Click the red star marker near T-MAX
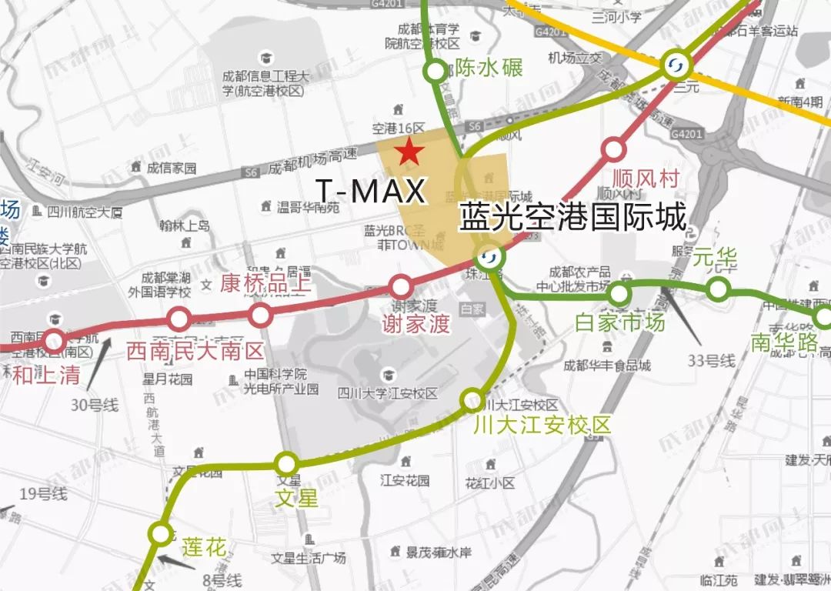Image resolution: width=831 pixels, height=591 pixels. (x=409, y=152)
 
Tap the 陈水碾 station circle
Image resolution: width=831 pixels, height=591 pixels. (x=436, y=72)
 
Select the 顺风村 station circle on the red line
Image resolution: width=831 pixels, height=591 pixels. (x=614, y=149)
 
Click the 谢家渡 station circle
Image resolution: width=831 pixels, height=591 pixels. (x=400, y=287)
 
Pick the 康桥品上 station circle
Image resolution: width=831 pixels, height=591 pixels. (x=261, y=314)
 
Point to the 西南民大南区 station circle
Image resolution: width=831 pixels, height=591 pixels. (x=179, y=318)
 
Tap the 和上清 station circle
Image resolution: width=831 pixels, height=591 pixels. (x=54, y=340)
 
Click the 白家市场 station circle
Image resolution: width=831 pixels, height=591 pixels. (x=619, y=293)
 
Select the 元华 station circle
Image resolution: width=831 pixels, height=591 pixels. (x=718, y=289)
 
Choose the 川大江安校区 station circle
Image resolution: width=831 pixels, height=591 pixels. (x=472, y=400)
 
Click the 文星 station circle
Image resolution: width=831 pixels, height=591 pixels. (x=287, y=463)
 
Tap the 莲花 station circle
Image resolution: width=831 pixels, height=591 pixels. (x=161, y=533)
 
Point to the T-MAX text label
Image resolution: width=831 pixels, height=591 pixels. (x=370, y=191)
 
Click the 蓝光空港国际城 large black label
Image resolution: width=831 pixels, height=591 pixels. (x=572, y=218)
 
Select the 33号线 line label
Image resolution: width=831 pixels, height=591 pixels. (x=712, y=359)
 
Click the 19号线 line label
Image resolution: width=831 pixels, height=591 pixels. (x=43, y=493)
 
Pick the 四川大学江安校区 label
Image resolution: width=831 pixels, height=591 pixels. (x=388, y=394)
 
